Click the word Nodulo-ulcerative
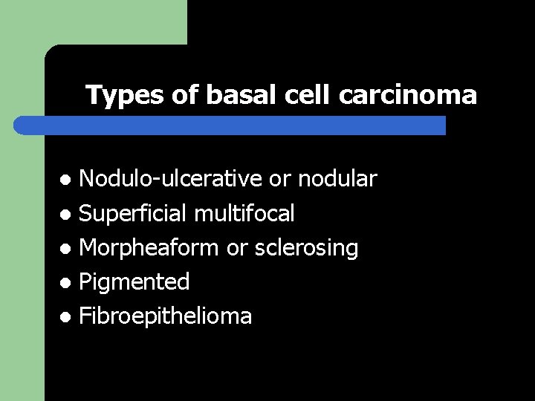coord(170,179)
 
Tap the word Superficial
coord(133,214)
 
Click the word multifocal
coord(244,214)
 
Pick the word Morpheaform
coord(149,248)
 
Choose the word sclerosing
coord(305,248)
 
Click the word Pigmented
coord(134,282)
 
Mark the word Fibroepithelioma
coord(165,316)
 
